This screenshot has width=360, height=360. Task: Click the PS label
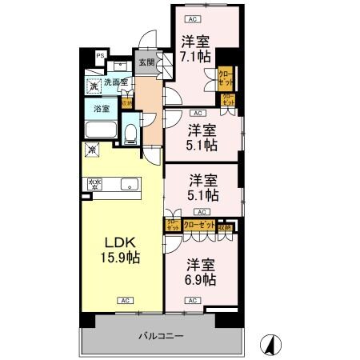pos(100,55)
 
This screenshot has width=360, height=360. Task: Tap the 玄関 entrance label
pos(146,62)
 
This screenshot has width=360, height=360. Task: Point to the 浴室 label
pos(102,108)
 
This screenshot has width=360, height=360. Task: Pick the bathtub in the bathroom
pos(101,130)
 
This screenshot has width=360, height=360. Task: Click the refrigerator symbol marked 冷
pos(93,150)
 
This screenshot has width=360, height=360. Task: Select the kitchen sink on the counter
pos(128,185)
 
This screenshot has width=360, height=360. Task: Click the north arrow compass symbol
pos(271,344)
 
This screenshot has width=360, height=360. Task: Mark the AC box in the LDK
pos(125,301)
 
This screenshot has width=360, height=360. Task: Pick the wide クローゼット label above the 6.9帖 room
pos(199,226)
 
